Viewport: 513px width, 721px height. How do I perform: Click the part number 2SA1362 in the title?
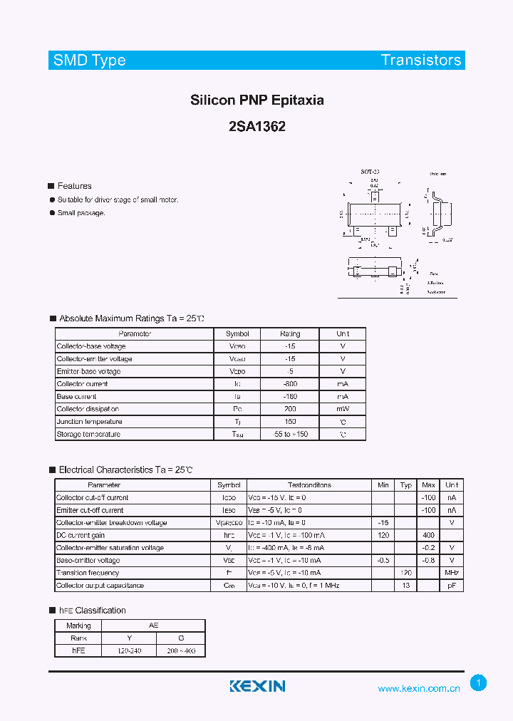coord(256,127)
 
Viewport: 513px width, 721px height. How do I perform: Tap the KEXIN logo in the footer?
coord(257,686)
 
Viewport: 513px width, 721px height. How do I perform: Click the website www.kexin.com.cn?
coord(419,688)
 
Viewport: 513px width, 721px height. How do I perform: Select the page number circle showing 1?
coord(479,683)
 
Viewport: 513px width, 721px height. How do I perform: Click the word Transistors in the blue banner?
coord(421,61)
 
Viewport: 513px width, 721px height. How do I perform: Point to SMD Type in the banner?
coord(90,61)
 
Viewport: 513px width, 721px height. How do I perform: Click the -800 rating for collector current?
coord(290,384)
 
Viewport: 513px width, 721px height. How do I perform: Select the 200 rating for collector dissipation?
coord(290,409)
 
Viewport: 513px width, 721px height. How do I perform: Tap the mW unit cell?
coord(343,409)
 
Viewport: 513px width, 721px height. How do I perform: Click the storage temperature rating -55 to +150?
coord(290,434)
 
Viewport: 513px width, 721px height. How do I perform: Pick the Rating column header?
coord(290,333)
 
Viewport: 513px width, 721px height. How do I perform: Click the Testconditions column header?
coord(309,485)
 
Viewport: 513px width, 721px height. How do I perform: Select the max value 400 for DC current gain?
coord(428,535)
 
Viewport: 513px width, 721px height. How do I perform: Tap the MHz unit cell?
coord(452,573)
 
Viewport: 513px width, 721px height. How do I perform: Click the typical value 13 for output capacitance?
coord(406,586)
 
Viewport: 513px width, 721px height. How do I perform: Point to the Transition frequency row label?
coord(88,573)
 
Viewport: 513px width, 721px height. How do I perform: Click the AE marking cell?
coord(153,626)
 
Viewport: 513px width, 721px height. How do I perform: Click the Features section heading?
coord(74,186)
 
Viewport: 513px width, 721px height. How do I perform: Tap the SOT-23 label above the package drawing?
coord(370,172)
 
